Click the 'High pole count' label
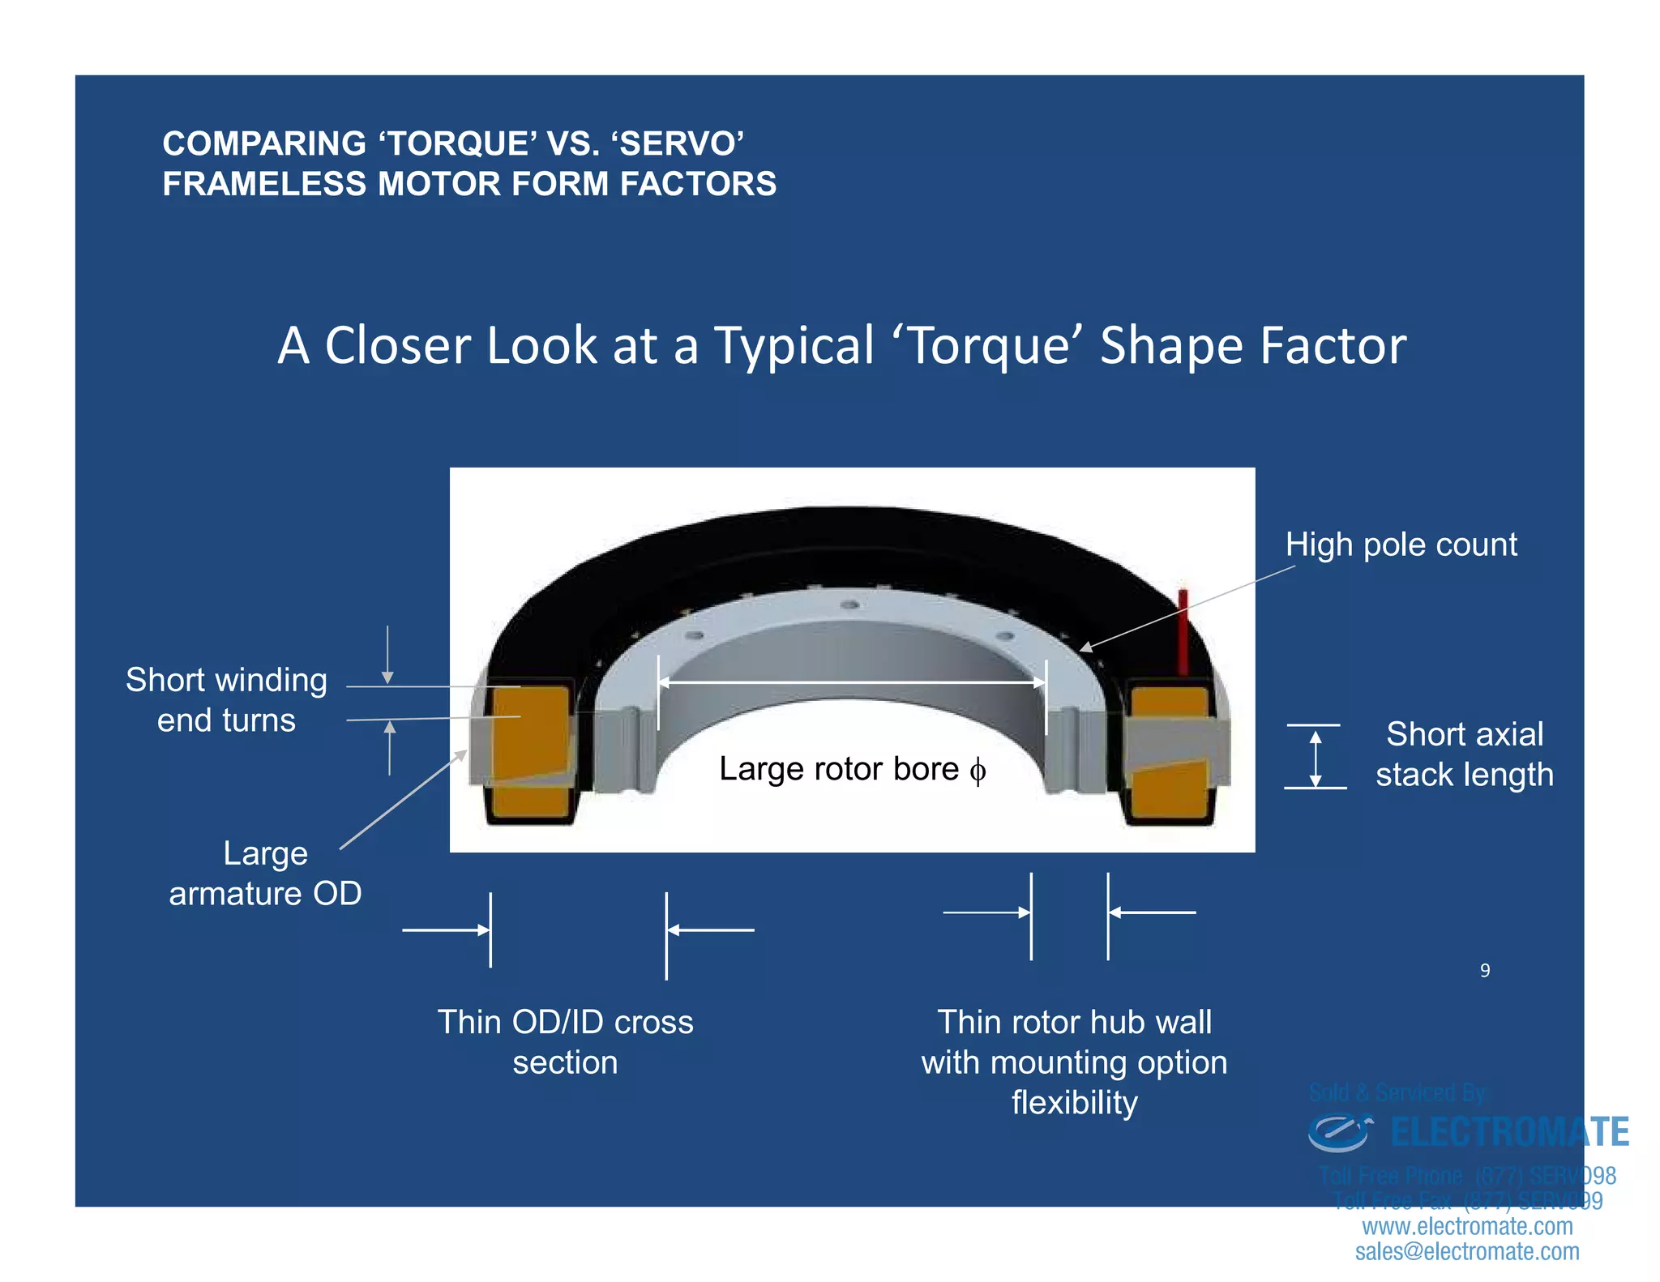[x=1400, y=545]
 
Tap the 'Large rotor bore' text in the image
[x=838, y=768]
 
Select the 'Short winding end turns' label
[x=226, y=699]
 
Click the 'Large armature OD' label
[x=265, y=873]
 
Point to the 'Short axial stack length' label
[x=1464, y=754]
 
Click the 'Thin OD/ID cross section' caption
[x=565, y=1041]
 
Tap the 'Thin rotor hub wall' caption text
[x=1074, y=1022]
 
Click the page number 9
[x=1484, y=970]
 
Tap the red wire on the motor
[x=1183, y=632]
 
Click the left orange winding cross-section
[x=529, y=750]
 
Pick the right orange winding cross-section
[x=1170, y=754]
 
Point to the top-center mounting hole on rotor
[x=849, y=605]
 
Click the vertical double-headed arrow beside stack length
[x=1316, y=758]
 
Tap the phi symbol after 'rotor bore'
[x=978, y=771]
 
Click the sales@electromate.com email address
[x=1466, y=1251]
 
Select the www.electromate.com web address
[x=1466, y=1226]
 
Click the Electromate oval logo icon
[x=1339, y=1132]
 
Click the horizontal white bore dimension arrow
[x=851, y=683]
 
